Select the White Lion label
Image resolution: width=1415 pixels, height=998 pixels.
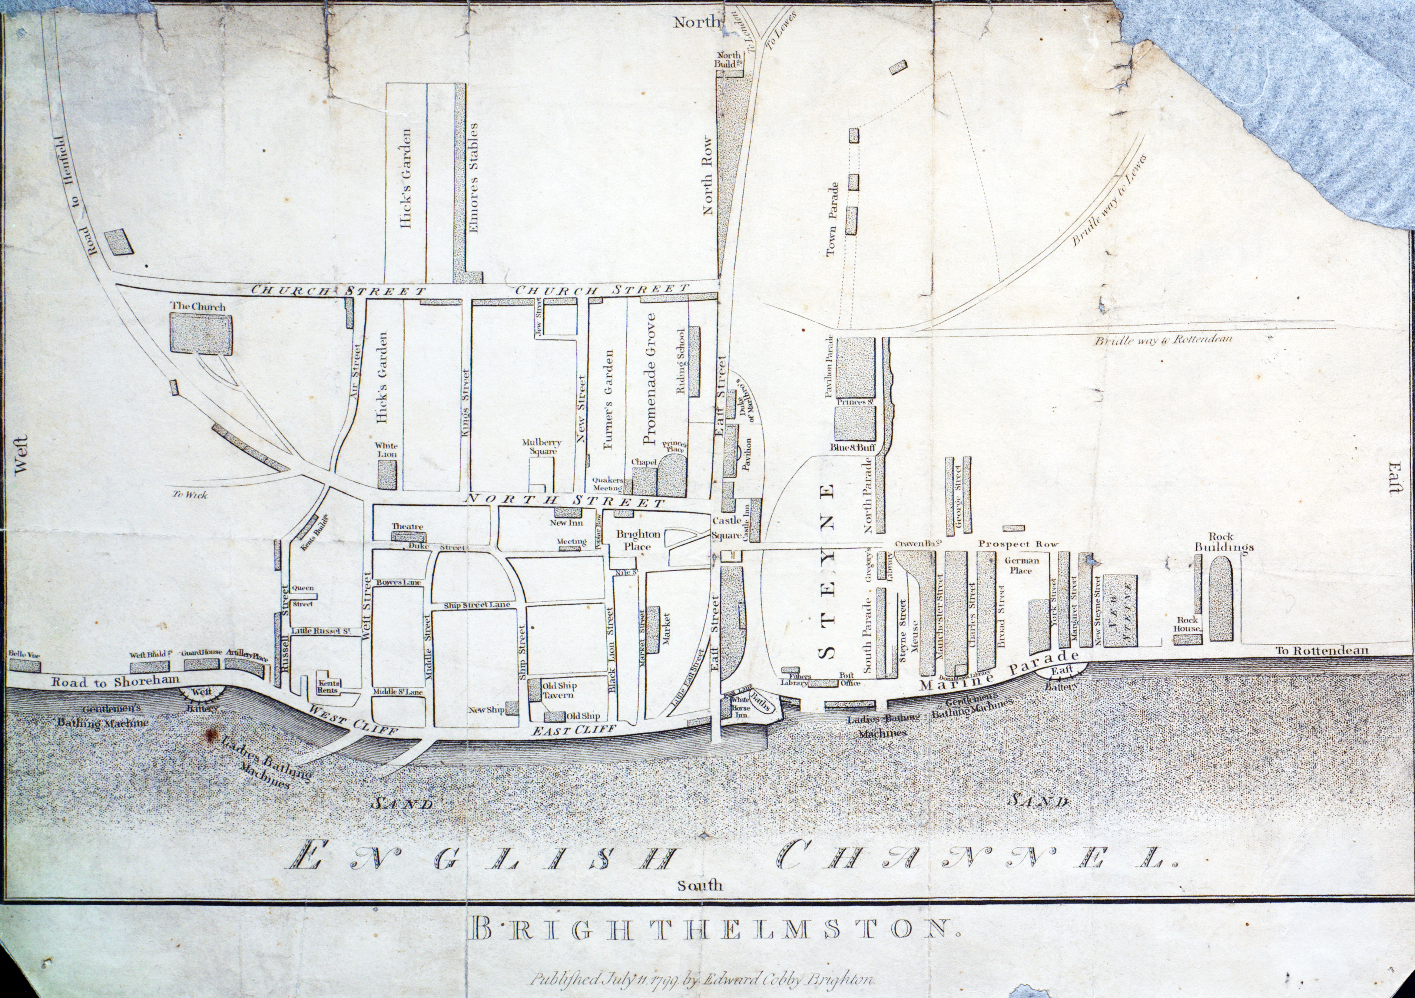point(387,449)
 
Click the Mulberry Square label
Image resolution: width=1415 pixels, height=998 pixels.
point(542,446)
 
